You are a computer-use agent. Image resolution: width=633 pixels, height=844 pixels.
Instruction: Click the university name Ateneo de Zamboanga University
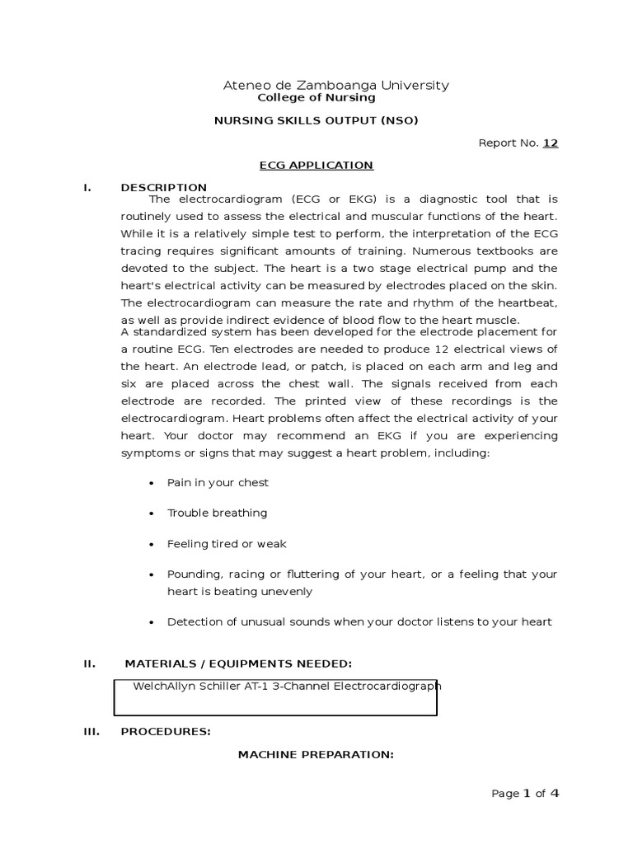pyautogui.click(x=336, y=85)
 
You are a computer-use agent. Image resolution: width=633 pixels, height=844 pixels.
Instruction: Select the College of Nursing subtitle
pyautogui.click(x=316, y=97)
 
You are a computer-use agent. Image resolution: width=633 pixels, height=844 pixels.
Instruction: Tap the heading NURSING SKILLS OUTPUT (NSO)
pyautogui.click(x=316, y=120)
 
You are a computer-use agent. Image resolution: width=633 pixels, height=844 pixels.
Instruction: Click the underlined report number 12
pyautogui.click(x=550, y=143)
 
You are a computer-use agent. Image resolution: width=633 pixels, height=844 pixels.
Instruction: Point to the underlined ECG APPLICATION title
pyautogui.click(x=316, y=166)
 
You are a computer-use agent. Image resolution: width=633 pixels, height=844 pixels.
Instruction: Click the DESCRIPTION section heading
pyautogui.click(x=163, y=188)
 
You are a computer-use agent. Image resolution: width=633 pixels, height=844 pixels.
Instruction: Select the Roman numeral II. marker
pyautogui.click(x=89, y=664)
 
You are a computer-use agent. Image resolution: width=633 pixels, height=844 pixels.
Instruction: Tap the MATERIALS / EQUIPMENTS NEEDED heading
pyautogui.click(x=238, y=664)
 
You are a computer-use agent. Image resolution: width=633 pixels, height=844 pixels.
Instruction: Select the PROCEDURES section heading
pyautogui.click(x=166, y=731)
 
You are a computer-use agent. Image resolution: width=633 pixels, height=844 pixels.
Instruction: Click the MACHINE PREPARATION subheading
pyautogui.click(x=316, y=754)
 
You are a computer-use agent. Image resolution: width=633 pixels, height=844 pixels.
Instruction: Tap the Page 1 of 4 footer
pyautogui.click(x=525, y=794)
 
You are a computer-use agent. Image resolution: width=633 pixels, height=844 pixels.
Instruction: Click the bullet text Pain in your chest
pyautogui.click(x=218, y=483)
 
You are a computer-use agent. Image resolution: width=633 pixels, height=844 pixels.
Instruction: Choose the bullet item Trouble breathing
pyautogui.click(x=217, y=513)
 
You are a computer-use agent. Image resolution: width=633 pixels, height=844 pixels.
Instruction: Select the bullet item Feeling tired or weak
pyautogui.click(x=227, y=544)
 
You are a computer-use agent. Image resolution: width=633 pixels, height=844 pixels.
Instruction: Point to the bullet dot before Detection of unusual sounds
pyautogui.click(x=152, y=623)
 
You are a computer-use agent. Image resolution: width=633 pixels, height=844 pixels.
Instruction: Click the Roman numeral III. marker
pyautogui.click(x=91, y=731)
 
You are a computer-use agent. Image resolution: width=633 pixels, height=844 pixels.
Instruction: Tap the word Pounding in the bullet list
pyautogui.click(x=190, y=574)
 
